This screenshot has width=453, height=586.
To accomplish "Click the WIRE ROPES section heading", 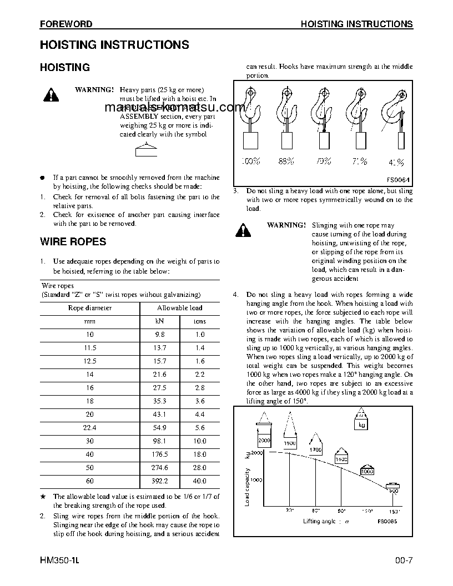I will tap(73, 241).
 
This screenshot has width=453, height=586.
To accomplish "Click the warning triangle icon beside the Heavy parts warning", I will tap(50, 95).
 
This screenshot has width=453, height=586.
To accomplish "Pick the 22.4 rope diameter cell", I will tap(89, 428).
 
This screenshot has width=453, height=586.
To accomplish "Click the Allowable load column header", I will tap(179, 307).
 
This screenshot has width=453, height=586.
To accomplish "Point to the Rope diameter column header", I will tap(89, 307).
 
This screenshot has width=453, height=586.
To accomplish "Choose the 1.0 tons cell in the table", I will tap(199, 335).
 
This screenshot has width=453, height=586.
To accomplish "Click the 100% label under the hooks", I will tap(250, 161).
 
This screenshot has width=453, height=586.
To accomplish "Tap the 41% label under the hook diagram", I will tap(396, 162).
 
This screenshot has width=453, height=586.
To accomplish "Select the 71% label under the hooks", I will tap(359, 161).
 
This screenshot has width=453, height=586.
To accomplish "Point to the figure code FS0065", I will tap(388, 521).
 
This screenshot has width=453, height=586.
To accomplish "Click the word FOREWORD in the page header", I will tap(66, 24).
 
